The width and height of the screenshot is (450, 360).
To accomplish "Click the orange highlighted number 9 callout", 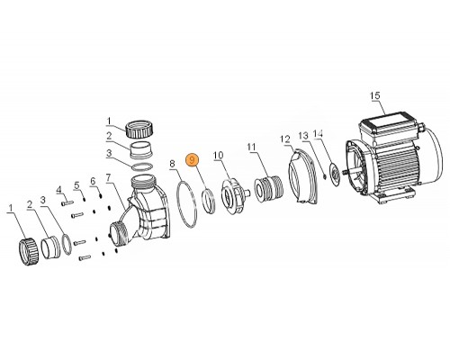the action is [193, 159].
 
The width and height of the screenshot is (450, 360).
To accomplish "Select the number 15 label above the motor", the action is [375, 95].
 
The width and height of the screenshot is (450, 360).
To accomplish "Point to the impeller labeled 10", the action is [233, 196].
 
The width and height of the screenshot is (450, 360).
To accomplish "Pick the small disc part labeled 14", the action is [334, 174].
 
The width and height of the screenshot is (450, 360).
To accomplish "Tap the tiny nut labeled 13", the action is [324, 175].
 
